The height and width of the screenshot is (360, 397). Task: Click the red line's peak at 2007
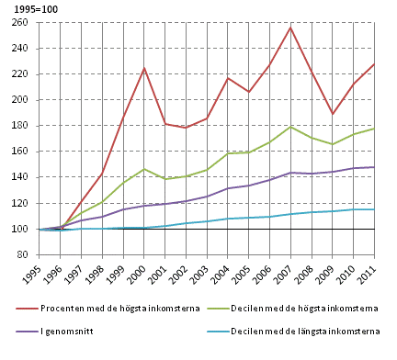pos(289,28)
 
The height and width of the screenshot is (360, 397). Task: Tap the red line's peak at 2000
pos(144,68)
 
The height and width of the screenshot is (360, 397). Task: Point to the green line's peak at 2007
pos(289,127)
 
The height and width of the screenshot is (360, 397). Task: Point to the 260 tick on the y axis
pos(20,23)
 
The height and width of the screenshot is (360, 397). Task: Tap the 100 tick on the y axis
pos(20,229)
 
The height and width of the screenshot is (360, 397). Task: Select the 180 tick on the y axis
pos(20,126)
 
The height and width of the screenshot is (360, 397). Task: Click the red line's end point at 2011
pos(372,63)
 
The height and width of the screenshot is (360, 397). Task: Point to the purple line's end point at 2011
pos(372,167)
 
